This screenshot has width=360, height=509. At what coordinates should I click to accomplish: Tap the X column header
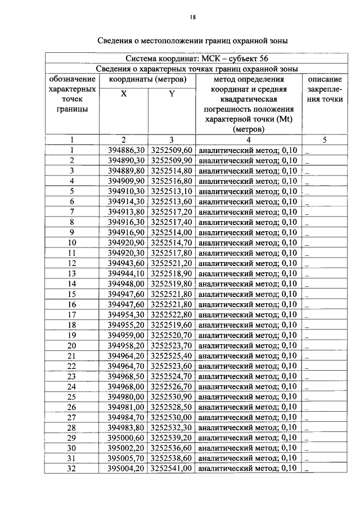click(124, 94)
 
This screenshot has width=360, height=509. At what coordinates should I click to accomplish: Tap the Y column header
click(172, 94)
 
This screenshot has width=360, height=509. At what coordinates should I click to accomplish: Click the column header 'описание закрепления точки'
click(325, 89)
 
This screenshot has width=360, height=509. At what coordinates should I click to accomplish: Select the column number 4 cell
click(248, 140)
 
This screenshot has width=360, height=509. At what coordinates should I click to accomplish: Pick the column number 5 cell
click(325, 140)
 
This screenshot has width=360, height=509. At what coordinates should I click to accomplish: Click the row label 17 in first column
click(72, 314)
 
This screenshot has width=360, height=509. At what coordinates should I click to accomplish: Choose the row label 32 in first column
click(72, 468)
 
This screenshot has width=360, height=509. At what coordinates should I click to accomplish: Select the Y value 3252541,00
click(172, 468)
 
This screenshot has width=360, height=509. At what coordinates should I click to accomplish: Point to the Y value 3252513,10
click(172, 191)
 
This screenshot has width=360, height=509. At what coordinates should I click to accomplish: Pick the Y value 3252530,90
click(172, 397)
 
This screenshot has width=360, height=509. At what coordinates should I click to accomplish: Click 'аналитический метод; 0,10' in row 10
click(248, 242)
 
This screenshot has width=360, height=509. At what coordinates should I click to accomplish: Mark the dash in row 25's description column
click(308, 398)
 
